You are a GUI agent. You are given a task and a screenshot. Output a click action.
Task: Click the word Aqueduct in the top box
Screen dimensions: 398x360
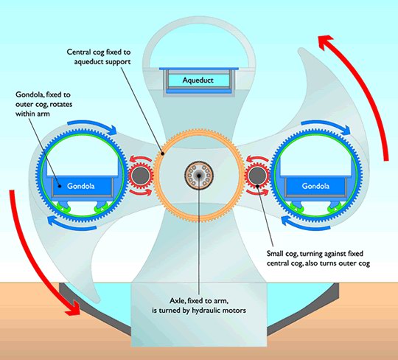(198, 80)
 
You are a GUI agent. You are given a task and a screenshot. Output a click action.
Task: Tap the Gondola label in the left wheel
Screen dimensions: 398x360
(81, 186)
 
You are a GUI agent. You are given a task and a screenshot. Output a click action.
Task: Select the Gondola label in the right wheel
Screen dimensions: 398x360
(315, 186)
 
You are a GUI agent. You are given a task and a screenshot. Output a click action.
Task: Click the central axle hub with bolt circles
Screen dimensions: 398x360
(199, 175)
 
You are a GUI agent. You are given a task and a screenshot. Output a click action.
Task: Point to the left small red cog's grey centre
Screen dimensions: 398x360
(140, 176)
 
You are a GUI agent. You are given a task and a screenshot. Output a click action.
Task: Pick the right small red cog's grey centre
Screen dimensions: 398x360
(256, 176)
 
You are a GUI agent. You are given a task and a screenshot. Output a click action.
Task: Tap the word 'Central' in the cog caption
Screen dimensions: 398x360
(77, 52)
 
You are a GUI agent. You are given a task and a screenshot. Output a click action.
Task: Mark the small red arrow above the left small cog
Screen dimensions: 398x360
(140, 159)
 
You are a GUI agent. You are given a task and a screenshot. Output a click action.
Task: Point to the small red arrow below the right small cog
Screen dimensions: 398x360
(257, 192)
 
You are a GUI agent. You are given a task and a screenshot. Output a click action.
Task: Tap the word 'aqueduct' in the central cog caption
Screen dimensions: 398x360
(89, 62)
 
